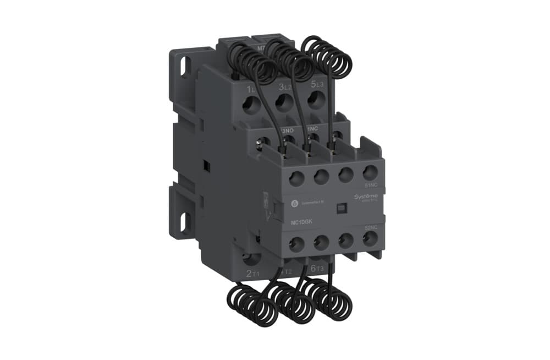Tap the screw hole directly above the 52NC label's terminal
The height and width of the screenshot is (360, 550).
[x=370, y=238]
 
